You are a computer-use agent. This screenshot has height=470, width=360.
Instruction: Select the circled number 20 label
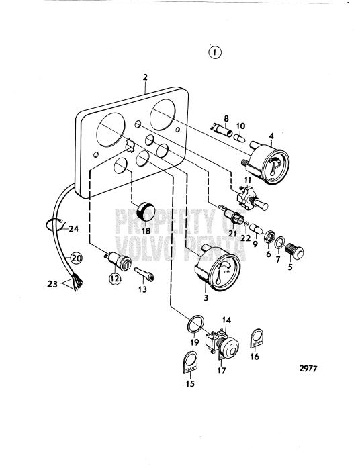click(76, 258)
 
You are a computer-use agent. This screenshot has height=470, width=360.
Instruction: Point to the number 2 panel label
click(145, 77)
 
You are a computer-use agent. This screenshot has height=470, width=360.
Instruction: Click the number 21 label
click(232, 232)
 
